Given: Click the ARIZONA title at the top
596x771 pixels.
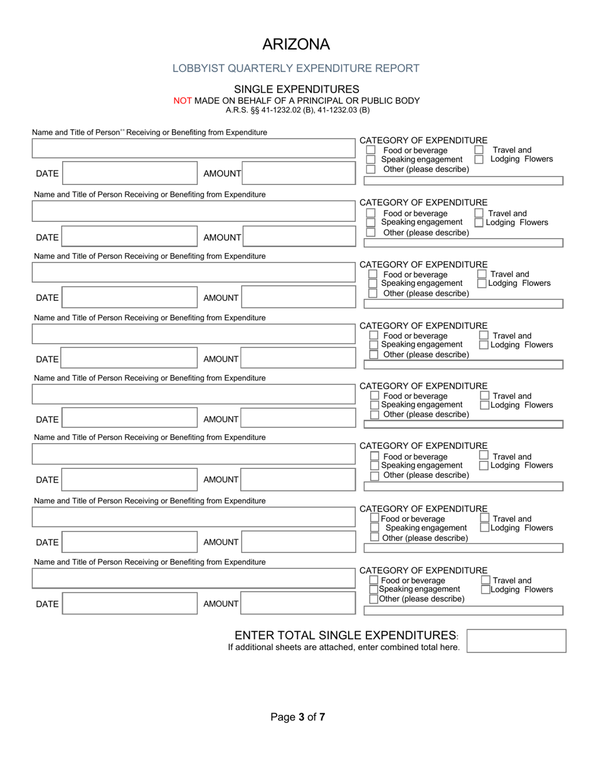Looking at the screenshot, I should click(295, 45).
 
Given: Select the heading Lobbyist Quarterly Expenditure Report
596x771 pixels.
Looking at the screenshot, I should click(296, 68).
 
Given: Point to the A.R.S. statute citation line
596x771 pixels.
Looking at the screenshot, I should click(297, 110).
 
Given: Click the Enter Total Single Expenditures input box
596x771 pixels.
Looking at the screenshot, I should click(516, 641).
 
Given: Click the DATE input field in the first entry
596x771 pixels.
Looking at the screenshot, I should click(130, 173).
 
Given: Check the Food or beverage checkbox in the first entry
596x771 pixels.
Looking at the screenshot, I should click(371, 150).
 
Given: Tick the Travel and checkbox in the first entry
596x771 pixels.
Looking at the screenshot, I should click(479, 150).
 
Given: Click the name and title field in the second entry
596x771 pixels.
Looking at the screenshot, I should click(193, 211).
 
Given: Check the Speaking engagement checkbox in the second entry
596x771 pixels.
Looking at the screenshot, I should click(371, 223).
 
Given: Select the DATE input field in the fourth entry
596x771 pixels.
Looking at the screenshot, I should click(130, 359).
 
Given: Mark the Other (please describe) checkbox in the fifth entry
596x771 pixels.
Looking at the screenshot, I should click(375, 414).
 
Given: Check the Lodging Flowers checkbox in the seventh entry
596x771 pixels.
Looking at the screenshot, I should click(485, 528).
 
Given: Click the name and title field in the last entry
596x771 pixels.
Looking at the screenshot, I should click(193, 578).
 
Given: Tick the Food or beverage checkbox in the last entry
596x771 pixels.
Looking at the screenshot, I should click(375, 580).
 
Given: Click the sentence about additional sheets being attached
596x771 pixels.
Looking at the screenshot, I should click(344, 648).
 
